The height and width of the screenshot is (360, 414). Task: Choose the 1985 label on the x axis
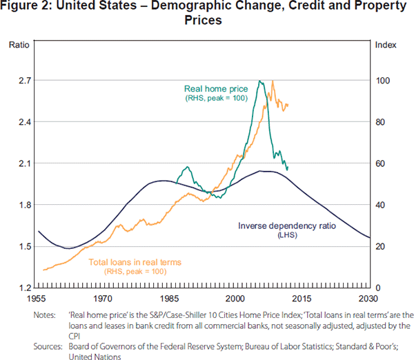click(169, 299)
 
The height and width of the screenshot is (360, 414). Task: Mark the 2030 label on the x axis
click(368, 299)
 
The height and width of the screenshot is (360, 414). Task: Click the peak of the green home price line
click(259, 81)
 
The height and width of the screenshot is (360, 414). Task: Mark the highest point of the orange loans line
click(273, 81)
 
